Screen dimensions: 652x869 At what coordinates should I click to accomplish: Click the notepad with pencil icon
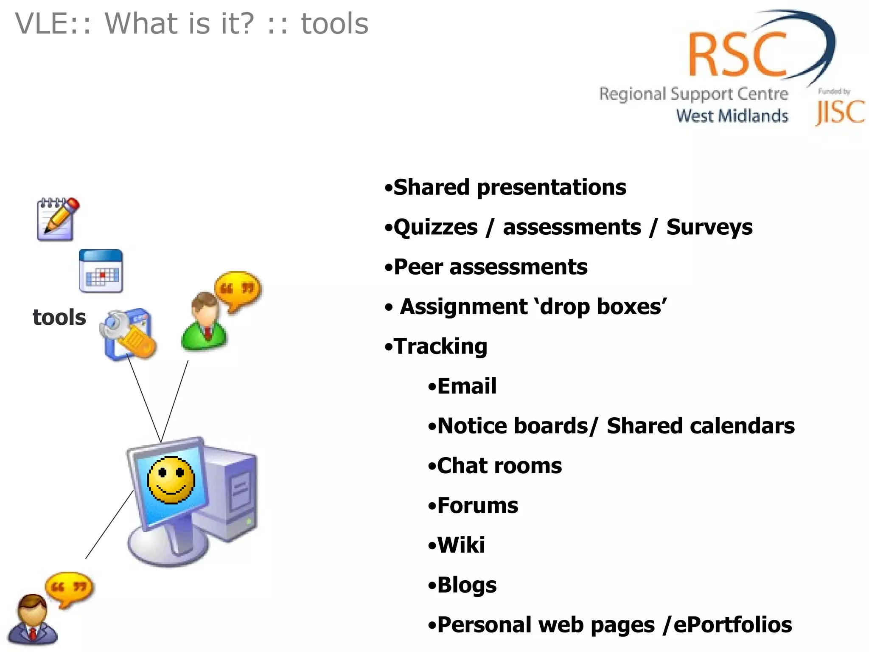(x=58, y=219)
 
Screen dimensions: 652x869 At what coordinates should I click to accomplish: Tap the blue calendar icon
(x=101, y=271)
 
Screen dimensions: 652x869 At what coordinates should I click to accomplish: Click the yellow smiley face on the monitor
(x=171, y=480)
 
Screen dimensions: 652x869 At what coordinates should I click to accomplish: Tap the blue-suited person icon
(x=32, y=620)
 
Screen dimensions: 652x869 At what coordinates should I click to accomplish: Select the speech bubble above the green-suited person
(x=238, y=290)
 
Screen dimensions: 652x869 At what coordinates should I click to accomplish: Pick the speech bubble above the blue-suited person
(x=69, y=589)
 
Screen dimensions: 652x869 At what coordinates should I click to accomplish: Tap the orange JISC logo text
(x=840, y=112)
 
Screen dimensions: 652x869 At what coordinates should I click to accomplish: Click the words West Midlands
(x=732, y=116)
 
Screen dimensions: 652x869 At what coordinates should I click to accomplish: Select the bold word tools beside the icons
(x=59, y=318)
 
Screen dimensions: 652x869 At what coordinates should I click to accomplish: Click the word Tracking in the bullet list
(x=440, y=346)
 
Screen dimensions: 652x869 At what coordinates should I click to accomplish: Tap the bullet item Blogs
(x=467, y=585)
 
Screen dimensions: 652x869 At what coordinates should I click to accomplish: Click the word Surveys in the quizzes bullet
(x=709, y=227)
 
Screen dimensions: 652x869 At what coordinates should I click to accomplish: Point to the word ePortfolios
(x=732, y=625)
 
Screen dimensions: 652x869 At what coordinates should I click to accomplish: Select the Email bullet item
(x=467, y=386)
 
